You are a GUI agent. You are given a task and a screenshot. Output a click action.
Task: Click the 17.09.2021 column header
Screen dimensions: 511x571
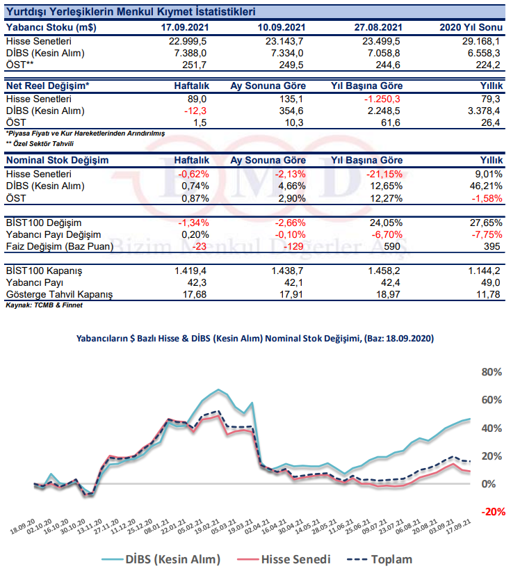point(185,27)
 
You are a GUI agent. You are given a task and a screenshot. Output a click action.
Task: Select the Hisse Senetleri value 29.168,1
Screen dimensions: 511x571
point(481,41)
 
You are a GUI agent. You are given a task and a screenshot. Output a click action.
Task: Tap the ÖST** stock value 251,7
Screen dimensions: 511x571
point(195,65)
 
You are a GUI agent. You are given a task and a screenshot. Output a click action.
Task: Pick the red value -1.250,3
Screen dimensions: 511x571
point(382,99)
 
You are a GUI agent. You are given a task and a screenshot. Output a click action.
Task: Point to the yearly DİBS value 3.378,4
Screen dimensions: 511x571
point(484,111)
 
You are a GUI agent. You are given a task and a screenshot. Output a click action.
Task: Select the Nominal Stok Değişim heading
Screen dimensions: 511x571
point(58,160)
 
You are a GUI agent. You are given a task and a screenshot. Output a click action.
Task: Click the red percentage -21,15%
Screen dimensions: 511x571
point(384,174)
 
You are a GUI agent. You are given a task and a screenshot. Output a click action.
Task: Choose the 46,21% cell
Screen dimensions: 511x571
point(486,186)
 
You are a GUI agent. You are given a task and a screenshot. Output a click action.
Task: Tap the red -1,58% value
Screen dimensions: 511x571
point(487,198)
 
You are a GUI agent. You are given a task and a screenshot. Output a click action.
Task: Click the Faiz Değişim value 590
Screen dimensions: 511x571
point(391,246)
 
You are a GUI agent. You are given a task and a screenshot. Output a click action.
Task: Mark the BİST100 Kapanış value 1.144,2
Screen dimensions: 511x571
point(484,271)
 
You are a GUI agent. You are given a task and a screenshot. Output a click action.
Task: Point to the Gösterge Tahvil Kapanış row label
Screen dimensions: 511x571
point(59,294)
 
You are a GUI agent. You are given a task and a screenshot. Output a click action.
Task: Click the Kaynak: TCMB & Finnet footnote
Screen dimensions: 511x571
point(44,305)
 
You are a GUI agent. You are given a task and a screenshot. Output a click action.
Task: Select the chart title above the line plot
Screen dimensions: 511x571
point(254,338)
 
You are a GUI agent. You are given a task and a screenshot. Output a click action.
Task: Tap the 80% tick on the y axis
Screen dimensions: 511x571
point(492,372)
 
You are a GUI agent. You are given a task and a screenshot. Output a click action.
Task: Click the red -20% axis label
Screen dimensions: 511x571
point(493,512)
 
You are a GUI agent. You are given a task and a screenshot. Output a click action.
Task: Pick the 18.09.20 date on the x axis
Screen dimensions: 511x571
point(22,527)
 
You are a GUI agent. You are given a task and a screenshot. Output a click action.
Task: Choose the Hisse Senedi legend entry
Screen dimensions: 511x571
point(284,559)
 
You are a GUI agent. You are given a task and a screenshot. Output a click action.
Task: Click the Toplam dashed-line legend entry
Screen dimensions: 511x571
point(380,559)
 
